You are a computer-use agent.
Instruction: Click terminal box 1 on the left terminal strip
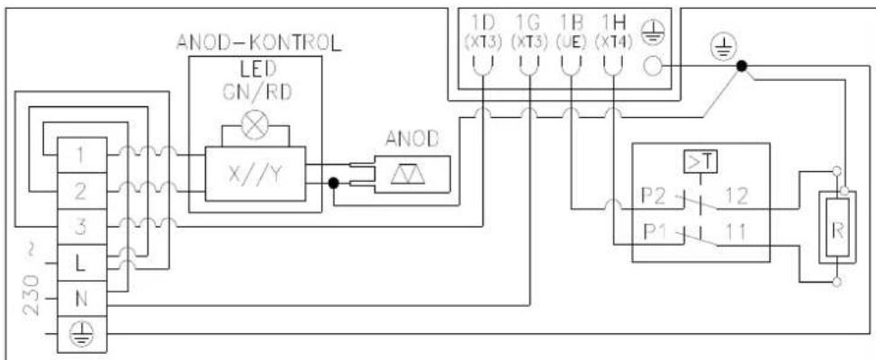coord(82,156)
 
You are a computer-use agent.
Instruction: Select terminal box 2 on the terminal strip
coord(82,191)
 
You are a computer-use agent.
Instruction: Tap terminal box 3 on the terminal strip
coord(82,225)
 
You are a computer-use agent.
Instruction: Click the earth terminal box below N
coord(82,331)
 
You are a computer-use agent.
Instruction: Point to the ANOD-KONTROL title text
coord(256,42)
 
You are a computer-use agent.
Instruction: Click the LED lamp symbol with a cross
coord(256,125)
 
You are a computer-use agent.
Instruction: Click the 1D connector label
coord(483,19)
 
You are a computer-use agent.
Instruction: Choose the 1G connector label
coord(528,19)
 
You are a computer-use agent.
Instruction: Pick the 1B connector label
coord(571,19)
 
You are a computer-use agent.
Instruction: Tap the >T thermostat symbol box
coord(701,162)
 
